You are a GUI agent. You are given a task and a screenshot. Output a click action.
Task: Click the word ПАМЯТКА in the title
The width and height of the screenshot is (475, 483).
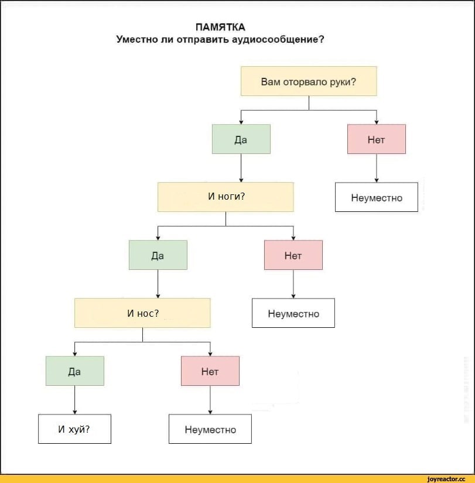[220, 27]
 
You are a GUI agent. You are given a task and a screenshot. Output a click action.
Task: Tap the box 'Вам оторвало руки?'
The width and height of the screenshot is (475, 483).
[309, 81]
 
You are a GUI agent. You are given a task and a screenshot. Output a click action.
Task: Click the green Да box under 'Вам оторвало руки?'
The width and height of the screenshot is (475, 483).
[241, 139]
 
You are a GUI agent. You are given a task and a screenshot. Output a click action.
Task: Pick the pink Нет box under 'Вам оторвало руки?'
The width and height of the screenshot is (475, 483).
[377, 139]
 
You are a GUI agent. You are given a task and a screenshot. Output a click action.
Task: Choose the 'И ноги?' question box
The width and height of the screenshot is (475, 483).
[225, 197]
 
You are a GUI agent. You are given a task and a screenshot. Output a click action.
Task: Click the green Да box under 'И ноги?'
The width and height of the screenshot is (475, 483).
[158, 255]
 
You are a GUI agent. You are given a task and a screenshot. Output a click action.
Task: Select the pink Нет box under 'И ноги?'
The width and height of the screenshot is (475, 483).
[293, 255]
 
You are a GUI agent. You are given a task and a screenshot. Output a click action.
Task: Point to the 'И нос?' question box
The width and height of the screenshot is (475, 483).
[142, 313]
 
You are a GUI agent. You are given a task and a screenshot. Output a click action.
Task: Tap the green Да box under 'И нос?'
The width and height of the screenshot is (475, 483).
[74, 371]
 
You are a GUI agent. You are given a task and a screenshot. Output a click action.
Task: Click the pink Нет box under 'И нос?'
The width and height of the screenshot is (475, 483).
[210, 371]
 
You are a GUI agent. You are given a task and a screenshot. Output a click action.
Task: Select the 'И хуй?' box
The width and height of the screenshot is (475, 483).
[74, 429]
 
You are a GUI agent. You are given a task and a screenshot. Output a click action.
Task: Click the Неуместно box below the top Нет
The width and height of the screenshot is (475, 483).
[377, 197]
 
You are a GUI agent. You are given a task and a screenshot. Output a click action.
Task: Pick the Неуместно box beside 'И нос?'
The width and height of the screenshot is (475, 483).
[293, 313]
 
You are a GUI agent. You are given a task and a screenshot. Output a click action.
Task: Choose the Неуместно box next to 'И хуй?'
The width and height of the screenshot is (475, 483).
[210, 429]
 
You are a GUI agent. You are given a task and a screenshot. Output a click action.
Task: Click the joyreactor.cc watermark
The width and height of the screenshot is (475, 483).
[446, 479]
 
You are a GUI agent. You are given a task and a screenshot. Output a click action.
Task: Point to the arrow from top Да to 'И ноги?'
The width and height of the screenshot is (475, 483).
[241, 168]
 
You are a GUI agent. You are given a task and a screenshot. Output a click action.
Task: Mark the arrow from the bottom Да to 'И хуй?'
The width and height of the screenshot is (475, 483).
[74, 400]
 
